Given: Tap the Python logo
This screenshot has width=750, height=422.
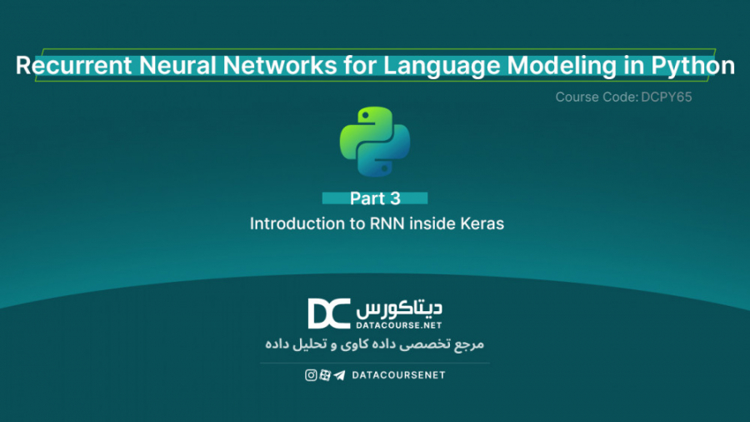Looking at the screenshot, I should (374, 140).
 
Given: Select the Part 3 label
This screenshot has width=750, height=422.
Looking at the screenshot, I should (375, 198).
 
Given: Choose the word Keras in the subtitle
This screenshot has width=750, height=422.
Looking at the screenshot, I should (482, 224).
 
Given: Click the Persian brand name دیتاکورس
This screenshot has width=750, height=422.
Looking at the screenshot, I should (399, 307).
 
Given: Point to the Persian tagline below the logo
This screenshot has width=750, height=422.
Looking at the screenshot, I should (374, 344).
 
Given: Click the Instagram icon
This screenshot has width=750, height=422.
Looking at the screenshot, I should (311, 375).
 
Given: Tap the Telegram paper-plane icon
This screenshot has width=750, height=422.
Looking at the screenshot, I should (339, 375).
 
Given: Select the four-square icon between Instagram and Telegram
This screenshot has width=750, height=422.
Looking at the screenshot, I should (325, 375).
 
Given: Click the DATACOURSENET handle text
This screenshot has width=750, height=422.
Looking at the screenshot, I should (399, 375).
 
